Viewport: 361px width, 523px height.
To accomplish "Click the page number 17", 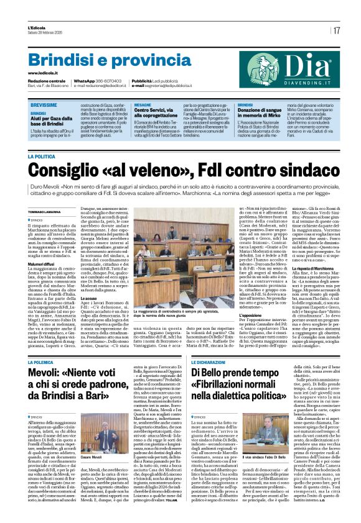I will tap(336, 30).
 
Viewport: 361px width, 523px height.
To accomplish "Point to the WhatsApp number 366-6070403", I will tap(109, 81).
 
